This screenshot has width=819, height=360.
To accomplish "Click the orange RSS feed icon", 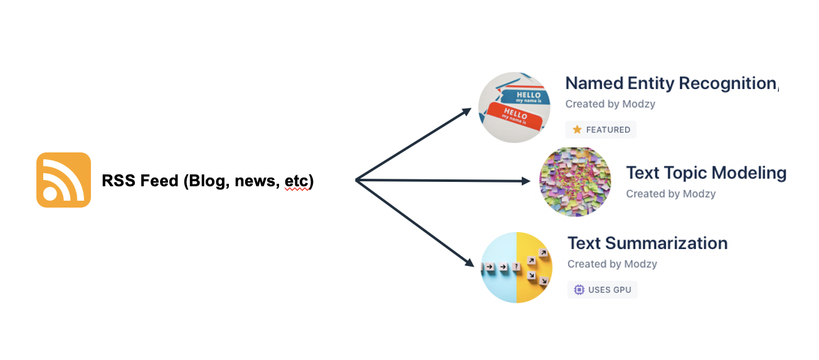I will (x=63, y=180).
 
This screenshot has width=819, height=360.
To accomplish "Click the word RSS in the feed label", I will (x=117, y=181).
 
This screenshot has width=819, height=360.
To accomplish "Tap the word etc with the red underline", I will (x=297, y=181).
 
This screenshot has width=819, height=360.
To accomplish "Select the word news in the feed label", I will (x=255, y=181).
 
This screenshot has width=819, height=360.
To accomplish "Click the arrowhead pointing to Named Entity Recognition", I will (x=467, y=111).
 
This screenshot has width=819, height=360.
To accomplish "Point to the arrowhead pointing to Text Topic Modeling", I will (x=526, y=181).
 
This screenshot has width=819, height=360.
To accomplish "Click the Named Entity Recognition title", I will (x=671, y=83).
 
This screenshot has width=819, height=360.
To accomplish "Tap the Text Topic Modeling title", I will (x=706, y=172).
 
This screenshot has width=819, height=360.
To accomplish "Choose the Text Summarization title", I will (x=647, y=243).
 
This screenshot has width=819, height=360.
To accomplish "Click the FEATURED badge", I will (x=601, y=130).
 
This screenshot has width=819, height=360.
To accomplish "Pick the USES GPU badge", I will (x=603, y=290).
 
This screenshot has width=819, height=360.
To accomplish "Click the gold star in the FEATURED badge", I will (x=578, y=130).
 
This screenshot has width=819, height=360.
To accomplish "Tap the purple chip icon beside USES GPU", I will (x=579, y=290).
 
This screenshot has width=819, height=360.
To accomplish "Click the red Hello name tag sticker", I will (x=514, y=116).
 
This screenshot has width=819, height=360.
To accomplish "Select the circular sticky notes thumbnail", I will (x=575, y=182).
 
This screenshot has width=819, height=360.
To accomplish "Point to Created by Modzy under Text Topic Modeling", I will (x=670, y=194).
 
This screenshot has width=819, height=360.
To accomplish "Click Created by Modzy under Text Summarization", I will (x=612, y=264).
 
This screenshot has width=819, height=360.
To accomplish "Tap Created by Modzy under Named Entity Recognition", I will (x=610, y=104).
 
